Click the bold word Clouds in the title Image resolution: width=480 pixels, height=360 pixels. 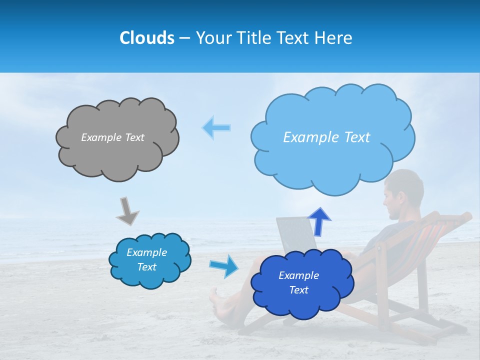tap(146, 38)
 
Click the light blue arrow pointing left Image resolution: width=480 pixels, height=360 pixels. tap(216, 127)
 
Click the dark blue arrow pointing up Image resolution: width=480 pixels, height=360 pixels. tap(319, 220)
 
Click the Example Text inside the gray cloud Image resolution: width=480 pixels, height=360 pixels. tap(112, 137)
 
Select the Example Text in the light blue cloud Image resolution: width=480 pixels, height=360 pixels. tap(326, 137)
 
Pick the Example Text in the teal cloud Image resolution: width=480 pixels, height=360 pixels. tap(147, 259)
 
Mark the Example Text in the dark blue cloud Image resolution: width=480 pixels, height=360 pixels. tap(298, 282)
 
